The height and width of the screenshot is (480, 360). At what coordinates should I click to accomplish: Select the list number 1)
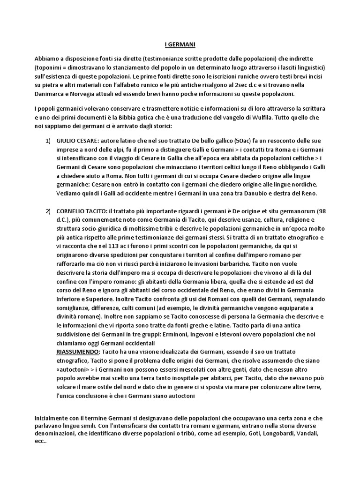48,140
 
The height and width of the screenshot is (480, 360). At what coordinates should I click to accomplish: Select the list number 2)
48,211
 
